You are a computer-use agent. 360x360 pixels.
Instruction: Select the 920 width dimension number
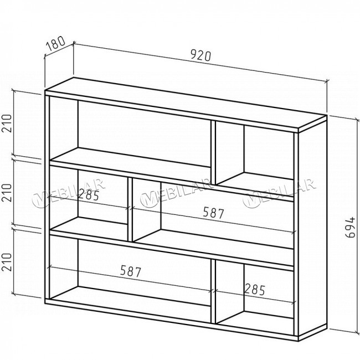(200, 55)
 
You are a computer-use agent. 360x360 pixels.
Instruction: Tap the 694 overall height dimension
(351, 228)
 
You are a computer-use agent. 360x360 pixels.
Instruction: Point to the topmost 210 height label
(7, 123)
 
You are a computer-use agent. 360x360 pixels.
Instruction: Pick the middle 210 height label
(7, 193)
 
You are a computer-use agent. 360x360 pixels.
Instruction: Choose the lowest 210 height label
(7, 262)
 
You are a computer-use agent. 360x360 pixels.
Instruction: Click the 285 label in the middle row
(89, 195)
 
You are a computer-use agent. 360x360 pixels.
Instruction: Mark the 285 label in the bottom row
(255, 289)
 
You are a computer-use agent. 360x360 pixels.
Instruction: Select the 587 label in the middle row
(213, 213)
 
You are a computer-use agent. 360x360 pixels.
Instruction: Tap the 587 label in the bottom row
(131, 271)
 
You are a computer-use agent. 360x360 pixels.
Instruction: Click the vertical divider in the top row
(213, 152)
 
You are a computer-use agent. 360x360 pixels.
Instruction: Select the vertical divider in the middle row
(130, 209)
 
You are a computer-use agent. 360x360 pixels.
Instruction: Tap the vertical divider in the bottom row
(213, 291)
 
